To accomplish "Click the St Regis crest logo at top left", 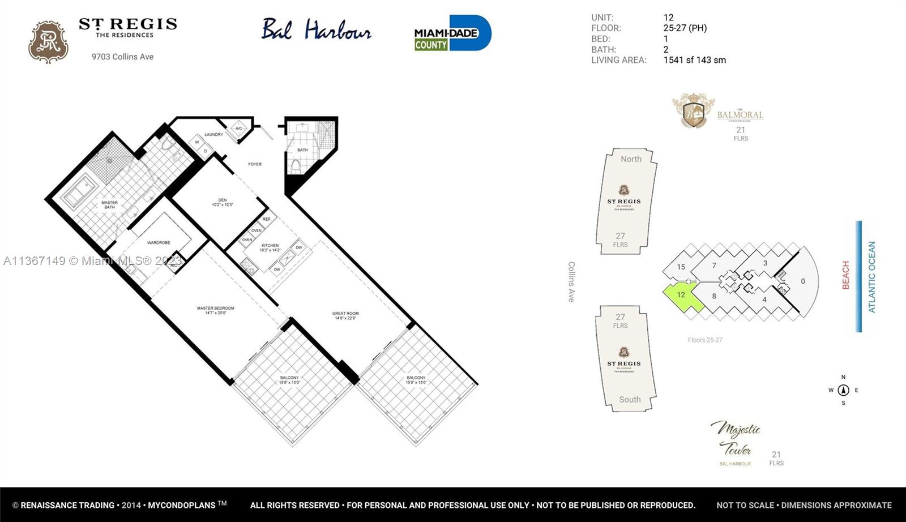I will tap(48, 42).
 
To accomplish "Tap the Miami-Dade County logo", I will tap(452, 33).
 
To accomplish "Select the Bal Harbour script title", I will tap(316, 30).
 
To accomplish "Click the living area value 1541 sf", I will tap(694, 60).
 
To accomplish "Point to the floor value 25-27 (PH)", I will tap(685, 28).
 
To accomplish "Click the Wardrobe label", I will tap(159, 242).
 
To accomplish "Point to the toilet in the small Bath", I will tap(296, 166).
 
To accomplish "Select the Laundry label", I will tap(213, 135).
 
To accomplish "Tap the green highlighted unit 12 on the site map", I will tap(682, 296).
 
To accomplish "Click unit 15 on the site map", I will tap(681, 267).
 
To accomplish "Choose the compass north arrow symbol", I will tap(843, 390).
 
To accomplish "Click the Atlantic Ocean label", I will tap(871, 277).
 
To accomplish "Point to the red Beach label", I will tap(845, 275).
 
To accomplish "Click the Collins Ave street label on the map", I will tap(571, 281).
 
